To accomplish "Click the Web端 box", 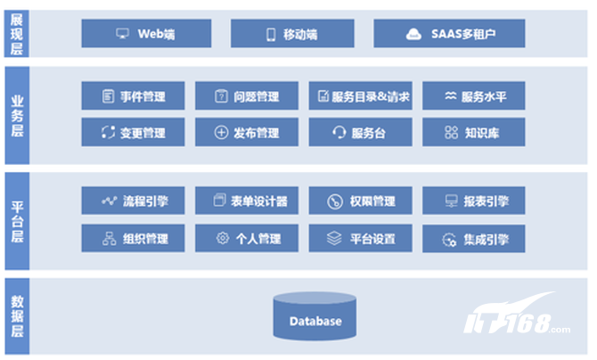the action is tap(146, 34).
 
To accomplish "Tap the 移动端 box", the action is tap(292, 34).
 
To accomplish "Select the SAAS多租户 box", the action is tap(449, 34).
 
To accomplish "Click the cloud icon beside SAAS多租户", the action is tap(413, 34).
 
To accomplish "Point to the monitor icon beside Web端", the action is tap(122, 34).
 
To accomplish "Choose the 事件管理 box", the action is tap(133, 95).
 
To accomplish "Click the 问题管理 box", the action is tap(247, 95).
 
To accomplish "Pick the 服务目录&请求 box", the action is tap(360, 95).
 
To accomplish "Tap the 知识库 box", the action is tap(474, 132).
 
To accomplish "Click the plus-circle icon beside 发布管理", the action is tap(221, 133).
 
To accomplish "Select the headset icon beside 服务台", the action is tap(339, 133).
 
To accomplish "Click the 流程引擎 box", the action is tap(133, 200).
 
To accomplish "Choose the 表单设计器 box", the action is tap(247, 200).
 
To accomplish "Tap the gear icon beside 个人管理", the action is tap(223, 238).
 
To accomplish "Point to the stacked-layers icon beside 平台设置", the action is tap(334, 239).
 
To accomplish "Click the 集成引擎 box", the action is tap(474, 239).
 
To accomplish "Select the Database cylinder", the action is tap(315, 316).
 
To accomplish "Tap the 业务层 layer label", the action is tap(17, 116).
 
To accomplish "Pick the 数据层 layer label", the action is tap(17, 316).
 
